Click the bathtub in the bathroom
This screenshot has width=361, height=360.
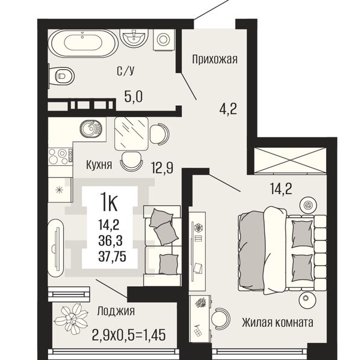(x=84, y=43)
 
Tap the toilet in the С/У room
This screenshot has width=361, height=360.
(x=62, y=76)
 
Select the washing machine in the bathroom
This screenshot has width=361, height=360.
(x=164, y=40)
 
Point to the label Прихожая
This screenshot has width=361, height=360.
(x=215, y=59)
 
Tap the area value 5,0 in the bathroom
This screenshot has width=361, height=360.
(x=134, y=96)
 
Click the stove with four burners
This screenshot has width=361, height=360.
(x=61, y=156)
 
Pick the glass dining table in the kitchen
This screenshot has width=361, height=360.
(x=131, y=133)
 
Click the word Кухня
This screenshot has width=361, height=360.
(x=99, y=165)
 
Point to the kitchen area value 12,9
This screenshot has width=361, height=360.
(x=162, y=168)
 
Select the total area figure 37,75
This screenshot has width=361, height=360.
(x=113, y=257)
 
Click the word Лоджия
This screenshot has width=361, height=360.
(x=116, y=311)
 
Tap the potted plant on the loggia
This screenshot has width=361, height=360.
(x=72, y=319)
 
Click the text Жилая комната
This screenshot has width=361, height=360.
(x=277, y=323)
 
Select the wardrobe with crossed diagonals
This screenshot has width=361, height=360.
(x=289, y=160)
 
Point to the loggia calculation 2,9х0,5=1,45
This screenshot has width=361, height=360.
(x=129, y=335)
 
